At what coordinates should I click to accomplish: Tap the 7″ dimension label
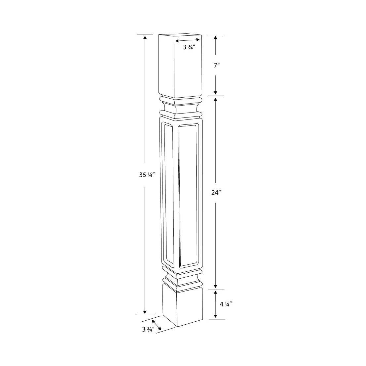point(215,65)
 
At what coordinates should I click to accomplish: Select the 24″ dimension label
point(215,193)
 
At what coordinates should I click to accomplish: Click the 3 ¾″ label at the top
point(190,47)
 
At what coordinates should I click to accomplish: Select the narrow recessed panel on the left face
point(169,194)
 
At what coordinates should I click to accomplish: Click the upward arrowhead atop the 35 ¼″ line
point(145,37)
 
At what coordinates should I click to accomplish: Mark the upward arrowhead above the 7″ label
point(215,37)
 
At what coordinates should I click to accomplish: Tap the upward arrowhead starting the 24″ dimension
point(215,99)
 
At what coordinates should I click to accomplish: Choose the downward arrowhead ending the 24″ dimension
point(215,286)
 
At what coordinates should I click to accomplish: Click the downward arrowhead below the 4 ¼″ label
point(215,316)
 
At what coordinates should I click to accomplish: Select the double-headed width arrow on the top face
point(188,40)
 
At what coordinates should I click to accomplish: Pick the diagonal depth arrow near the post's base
point(157,324)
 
